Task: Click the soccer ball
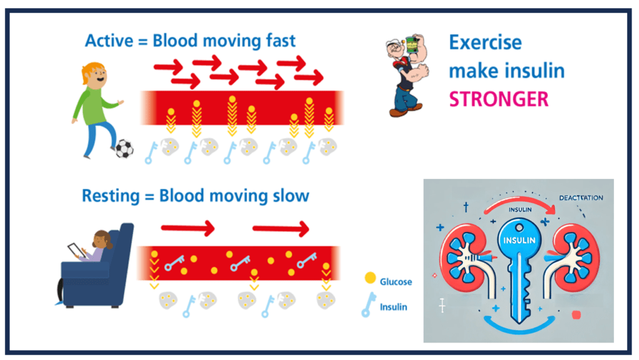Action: click(x=124, y=148)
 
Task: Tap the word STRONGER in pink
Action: click(x=499, y=99)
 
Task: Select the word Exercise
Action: click(x=485, y=42)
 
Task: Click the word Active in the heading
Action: click(x=107, y=41)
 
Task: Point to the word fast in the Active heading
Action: click(x=275, y=41)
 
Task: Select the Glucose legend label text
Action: click(x=396, y=282)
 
